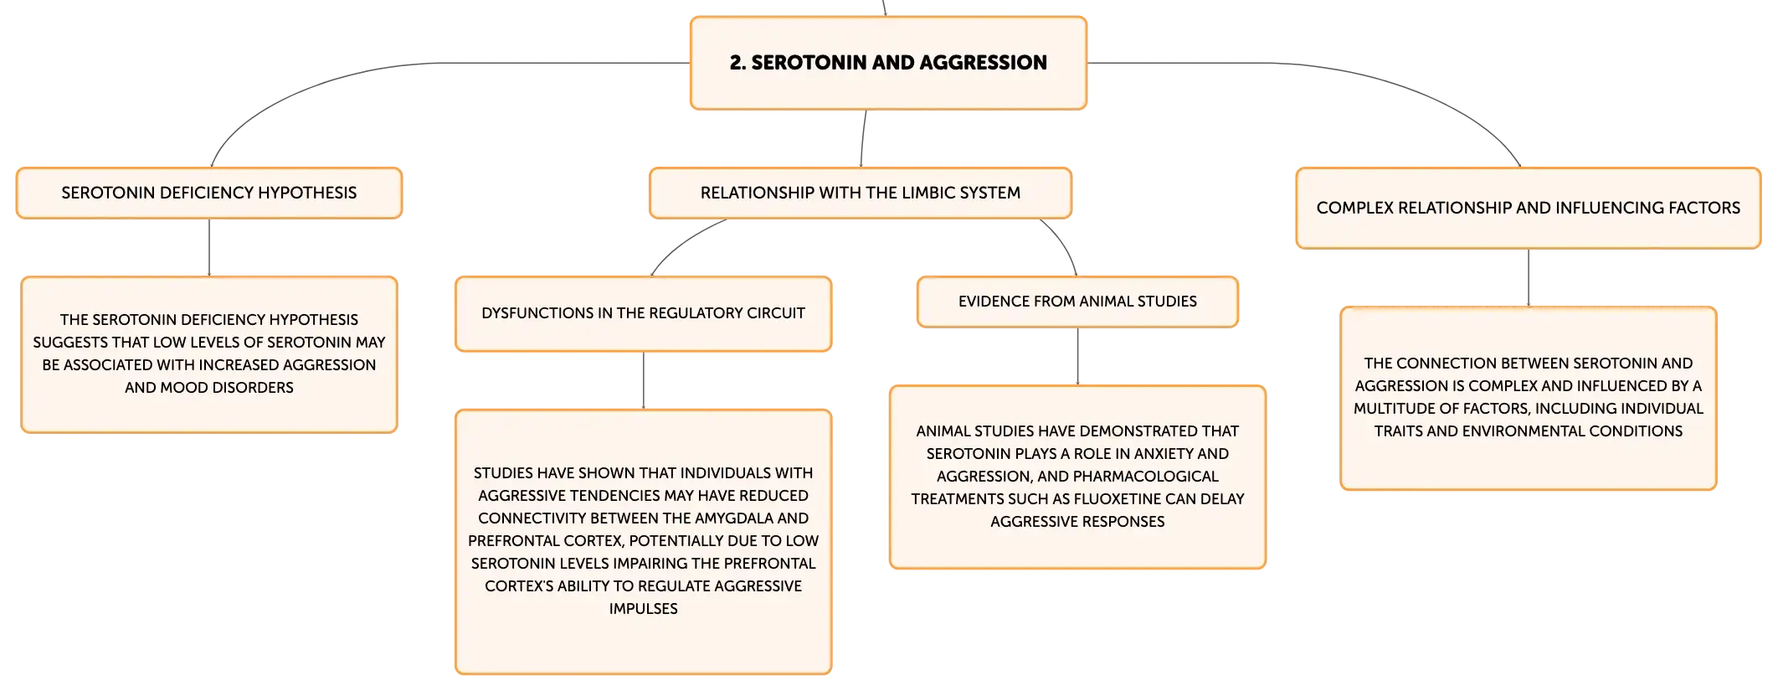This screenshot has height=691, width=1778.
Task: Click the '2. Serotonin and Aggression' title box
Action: [x=888, y=63]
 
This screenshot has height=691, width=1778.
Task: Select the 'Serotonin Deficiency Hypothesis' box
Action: [x=209, y=193]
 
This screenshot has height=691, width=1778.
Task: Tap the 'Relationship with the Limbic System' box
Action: [x=861, y=193]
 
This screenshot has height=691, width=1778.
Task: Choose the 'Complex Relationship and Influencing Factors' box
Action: [x=1529, y=208]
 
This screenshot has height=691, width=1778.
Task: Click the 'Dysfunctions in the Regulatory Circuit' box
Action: [x=643, y=313]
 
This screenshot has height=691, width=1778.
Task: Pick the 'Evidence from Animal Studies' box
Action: [x=1077, y=302]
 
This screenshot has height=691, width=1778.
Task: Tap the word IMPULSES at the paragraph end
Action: [x=643, y=609]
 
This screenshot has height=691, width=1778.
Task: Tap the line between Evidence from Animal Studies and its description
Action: [x=1077, y=357]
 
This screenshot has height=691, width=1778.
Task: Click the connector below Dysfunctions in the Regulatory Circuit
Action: [x=643, y=380]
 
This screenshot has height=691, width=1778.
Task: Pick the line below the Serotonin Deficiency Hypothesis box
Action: [x=209, y=247]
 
